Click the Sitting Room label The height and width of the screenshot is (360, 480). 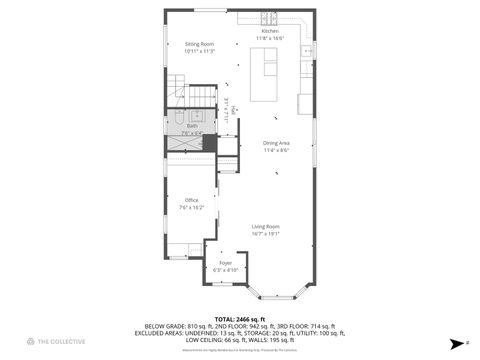click(200, 44)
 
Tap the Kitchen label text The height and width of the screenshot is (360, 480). click(269, 31)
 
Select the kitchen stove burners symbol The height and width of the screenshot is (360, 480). click(268, 17)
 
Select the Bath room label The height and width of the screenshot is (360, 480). click(192, 125)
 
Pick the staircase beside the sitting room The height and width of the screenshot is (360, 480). click(203, 96)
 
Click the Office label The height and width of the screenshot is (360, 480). click(191, 200)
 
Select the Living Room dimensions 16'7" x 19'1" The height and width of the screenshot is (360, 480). click(265, 233)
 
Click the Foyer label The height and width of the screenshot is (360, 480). click(226, 262)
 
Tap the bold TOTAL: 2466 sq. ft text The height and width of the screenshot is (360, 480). click(239, 318)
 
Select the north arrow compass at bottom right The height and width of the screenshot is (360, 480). click(465, 342)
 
